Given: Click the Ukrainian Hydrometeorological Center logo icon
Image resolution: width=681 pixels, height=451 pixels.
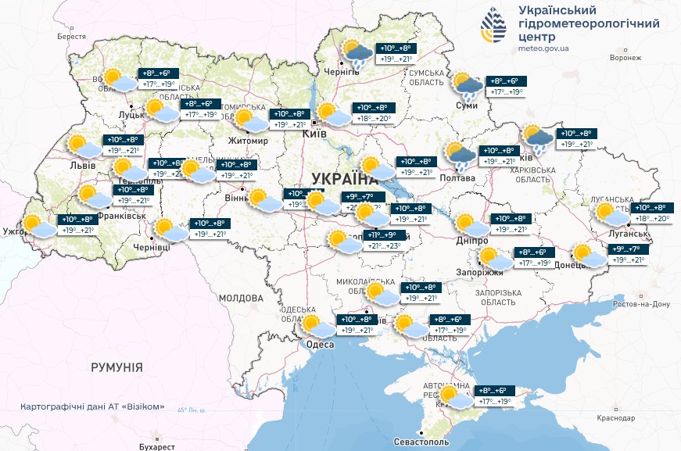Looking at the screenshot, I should tap(494, 27).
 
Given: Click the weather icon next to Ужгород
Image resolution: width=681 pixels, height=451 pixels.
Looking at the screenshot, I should tap(38, 226).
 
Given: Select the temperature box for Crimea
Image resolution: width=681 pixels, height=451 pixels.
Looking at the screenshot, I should tap(494, 396).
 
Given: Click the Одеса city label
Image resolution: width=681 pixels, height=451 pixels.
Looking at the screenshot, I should tap(321, 345).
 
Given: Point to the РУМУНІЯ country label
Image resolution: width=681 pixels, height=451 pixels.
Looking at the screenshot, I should tap(116, 367).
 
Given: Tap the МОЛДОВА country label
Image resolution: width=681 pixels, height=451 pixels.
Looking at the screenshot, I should tap(241, 299).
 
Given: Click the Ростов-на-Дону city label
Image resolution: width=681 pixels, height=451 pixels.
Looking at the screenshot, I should tap(643, 303).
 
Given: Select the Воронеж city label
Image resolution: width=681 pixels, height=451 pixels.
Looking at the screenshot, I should tap(625, 58).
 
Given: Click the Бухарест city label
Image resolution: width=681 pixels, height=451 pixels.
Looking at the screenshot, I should tap(153, 446).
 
